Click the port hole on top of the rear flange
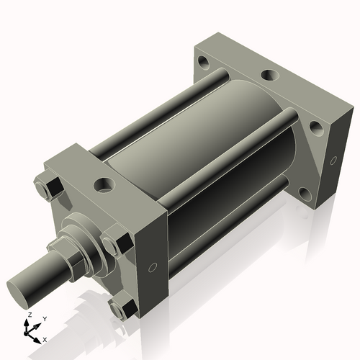[268, 74]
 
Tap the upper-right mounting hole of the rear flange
[316, 129]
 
